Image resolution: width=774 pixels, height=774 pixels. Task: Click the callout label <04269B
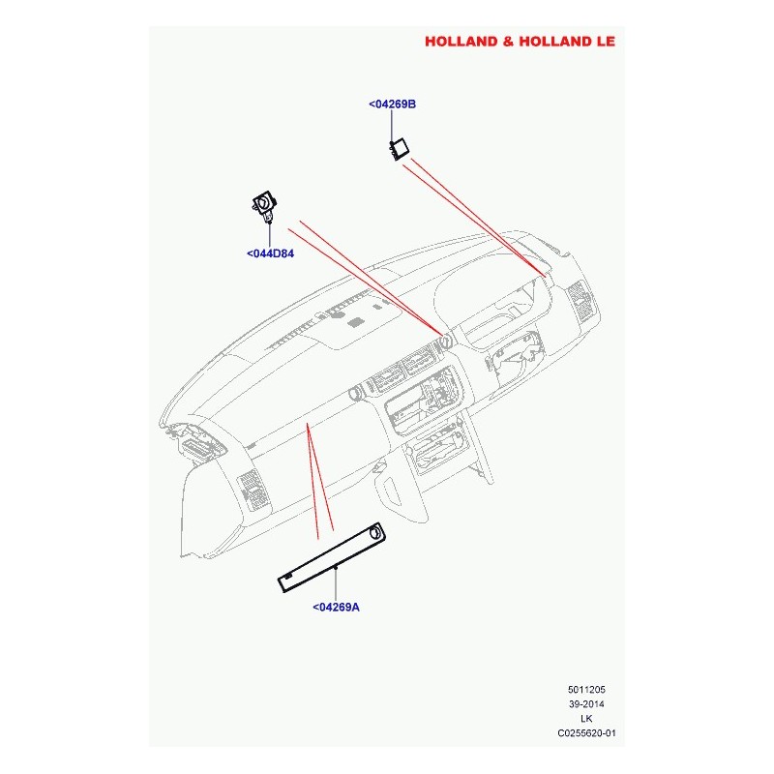pyautogui.click(x=393, y=104)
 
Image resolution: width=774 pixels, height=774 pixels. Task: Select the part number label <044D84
pyautogui.click(x=271, y=253)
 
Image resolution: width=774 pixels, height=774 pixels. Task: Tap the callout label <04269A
pyautogui.click(x=336, y=608)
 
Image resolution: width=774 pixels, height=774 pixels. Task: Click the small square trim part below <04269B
pyautogui.click(x=400, y=149)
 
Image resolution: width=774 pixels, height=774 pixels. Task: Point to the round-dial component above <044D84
pyautogui.click(x=264, y=206)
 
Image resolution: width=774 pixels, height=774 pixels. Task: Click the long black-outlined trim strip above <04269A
pyautogui.click(x=332, y=559)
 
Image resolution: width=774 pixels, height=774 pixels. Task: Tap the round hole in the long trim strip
pyautogui.click(x=375, y=533)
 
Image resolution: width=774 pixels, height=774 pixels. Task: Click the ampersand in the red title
pyautogui.click(x=509, y=42)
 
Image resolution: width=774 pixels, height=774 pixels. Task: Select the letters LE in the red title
pyautogui.click(x=607, y=42)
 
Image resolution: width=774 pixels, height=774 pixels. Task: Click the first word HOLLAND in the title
pyautogui.click(x=461, y=42)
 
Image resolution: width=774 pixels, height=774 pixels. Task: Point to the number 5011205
pyautogui.click(x=586, y=690)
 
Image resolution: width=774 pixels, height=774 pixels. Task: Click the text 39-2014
pyautogui.click(x=586, y=704)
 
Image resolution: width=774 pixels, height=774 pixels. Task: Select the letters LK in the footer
pyautogui.click(x=586, y=719)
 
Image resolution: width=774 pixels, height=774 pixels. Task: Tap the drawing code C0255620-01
pyautogui.click(x=586, y=733)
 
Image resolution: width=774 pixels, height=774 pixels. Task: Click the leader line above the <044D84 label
pyautogui.click(x=270, y=235)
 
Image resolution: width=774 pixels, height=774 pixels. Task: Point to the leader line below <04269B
pyautogui.click(x=392, y=127)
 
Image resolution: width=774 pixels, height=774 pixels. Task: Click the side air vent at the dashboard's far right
pyautogui.click(x=579, y=301)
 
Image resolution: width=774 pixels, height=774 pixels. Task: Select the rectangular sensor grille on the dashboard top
pyautogui.click(x=356, y=323)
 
